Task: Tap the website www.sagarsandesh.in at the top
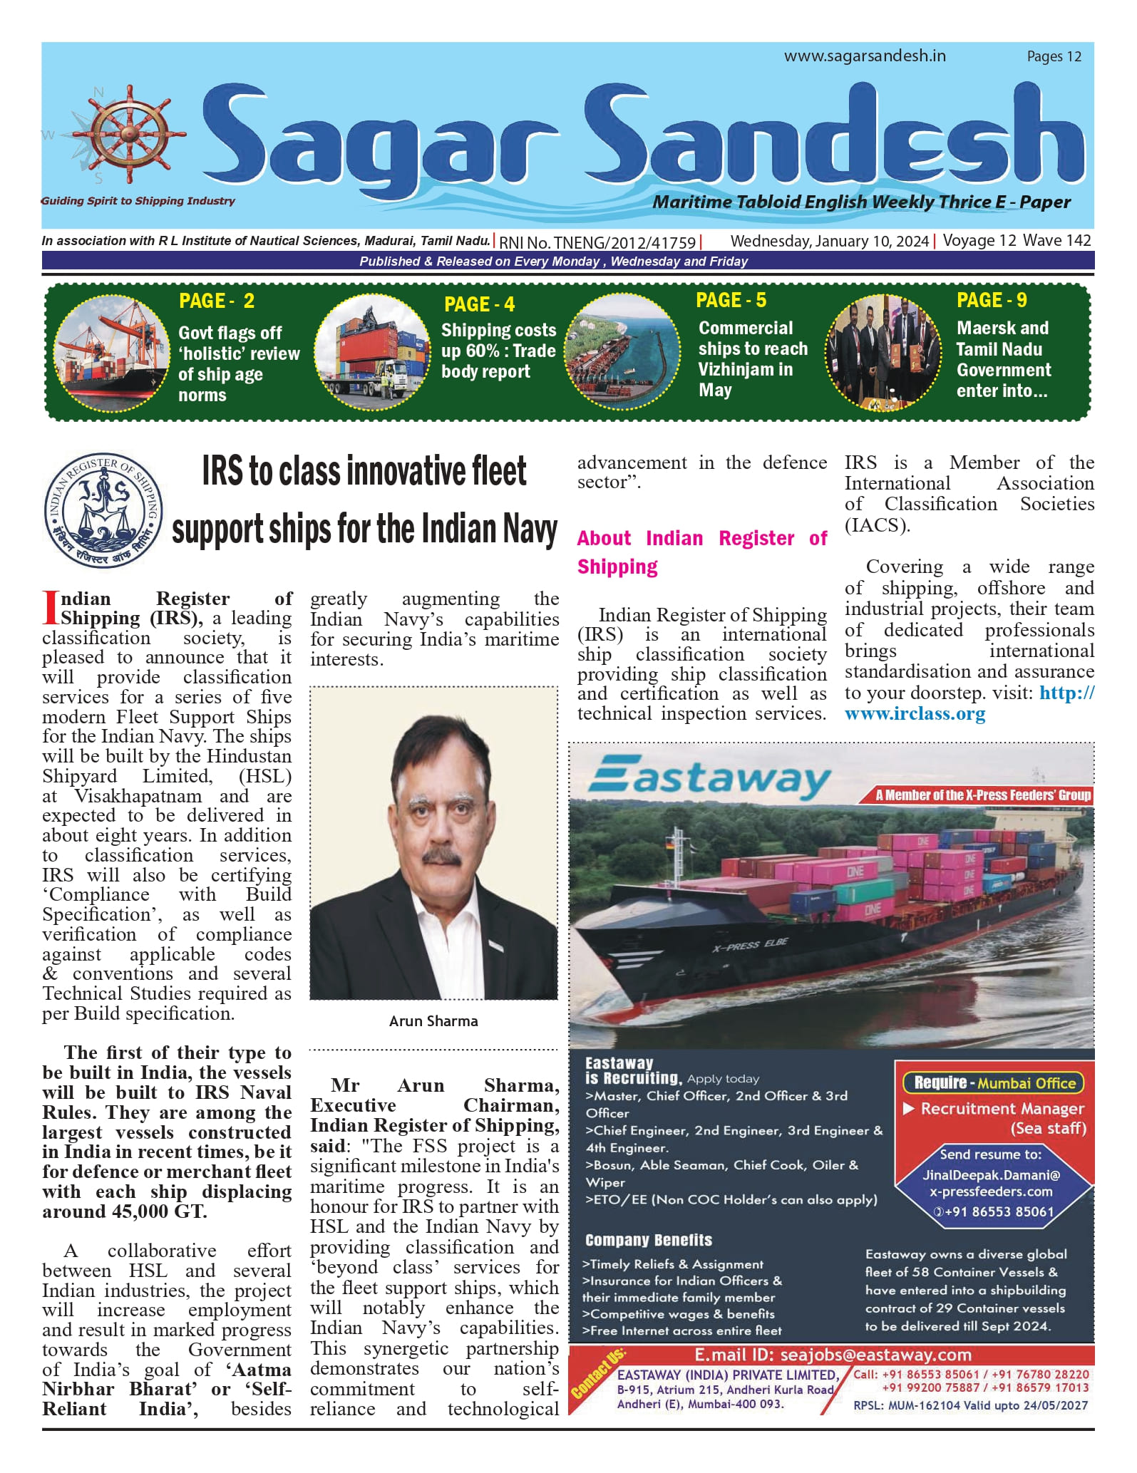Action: (865, 56)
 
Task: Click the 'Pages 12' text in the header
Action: (1054, 57)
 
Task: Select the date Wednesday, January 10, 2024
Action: (829, 242)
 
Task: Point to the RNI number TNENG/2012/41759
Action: (597, 242)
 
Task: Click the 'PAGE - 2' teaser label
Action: (217, 301)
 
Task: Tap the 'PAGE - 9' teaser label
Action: (992, 301)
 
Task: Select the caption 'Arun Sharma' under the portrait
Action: (433, 1021)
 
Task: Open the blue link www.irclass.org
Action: (915, 714)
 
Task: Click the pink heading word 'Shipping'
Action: (617, 567)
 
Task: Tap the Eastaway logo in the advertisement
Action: (709, 779)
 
